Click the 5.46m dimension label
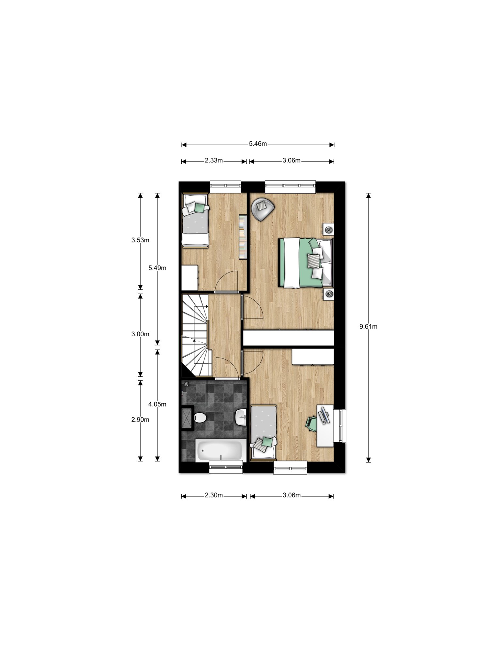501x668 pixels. pyautogui.click(x=258, y=144)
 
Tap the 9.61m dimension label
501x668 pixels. pyautogui.click(x=368, y=326)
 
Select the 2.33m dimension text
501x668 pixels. pyautogui.click(x=214, y=160)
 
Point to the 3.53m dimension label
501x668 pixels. pyautogui.click(x=140, y=240)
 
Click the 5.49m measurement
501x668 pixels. pyautogui.click(x=157, y=268)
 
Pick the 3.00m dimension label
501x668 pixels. pyautogui.click(x=140, y=334)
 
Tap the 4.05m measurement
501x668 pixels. pyautogui.click(x=157, y=404)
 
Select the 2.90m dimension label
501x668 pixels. pyautogui.click(x=140, y=420)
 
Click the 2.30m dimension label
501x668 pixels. pyautogui.click(x=214, y=495)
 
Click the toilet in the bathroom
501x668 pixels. pyautogui.click(x=199, y=417)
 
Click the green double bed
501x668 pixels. pyautogui.click(x=305, y=263)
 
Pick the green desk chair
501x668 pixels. pyautogui.click(x=311, y=423)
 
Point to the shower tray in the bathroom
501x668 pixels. pyautogui.click(x=187, y=418)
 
